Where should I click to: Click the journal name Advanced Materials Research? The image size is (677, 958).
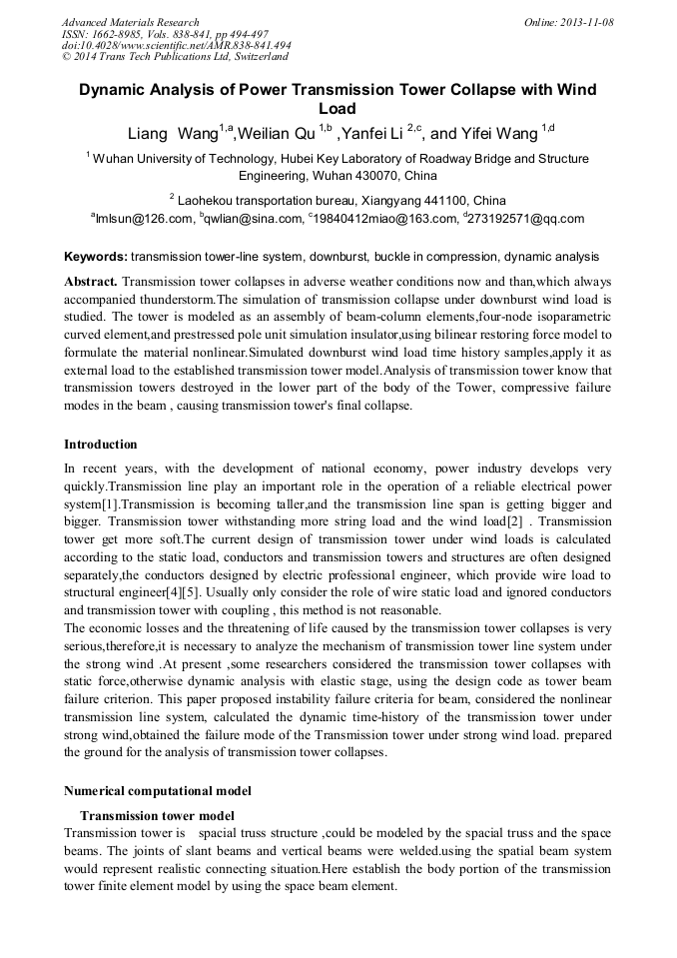click(x=131, y=22)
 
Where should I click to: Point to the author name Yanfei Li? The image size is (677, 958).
click(x=375, y=133)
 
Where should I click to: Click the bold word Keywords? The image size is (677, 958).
click(x=96, y=257)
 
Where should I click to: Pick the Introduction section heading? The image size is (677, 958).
click(x=101, y=445)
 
